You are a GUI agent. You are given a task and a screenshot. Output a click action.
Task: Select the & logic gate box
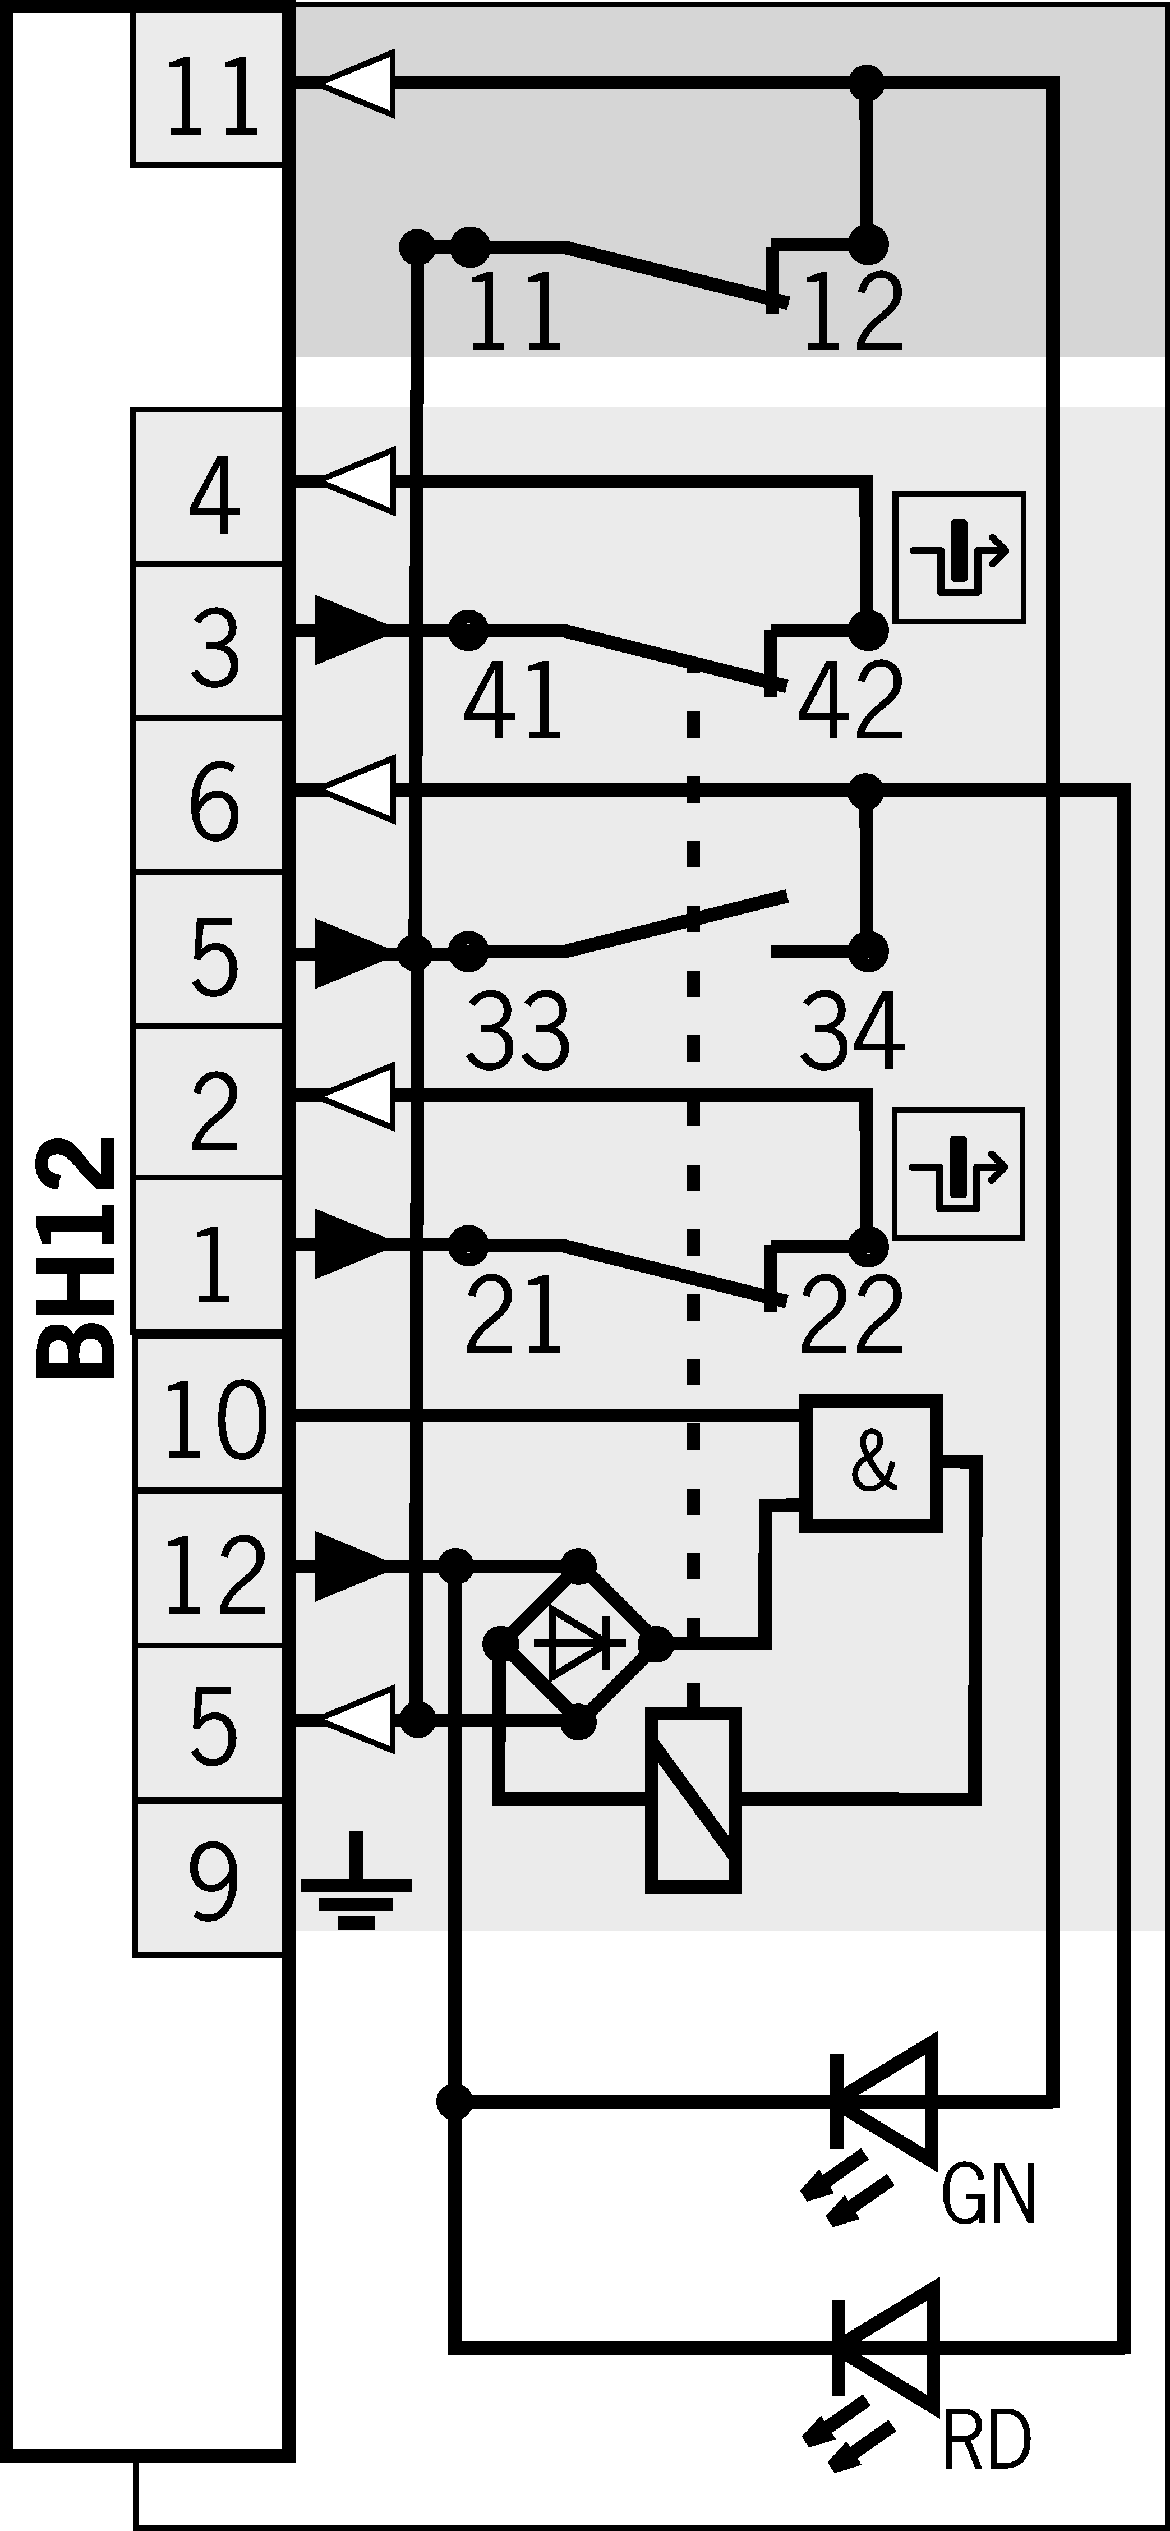872,1463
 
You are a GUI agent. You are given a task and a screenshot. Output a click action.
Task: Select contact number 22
851,1313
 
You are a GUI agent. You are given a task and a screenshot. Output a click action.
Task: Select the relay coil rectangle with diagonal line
693,1799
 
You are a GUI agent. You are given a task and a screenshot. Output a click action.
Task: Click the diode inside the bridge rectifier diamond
579,1643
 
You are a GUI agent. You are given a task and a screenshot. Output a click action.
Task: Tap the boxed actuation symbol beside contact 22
959,1173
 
